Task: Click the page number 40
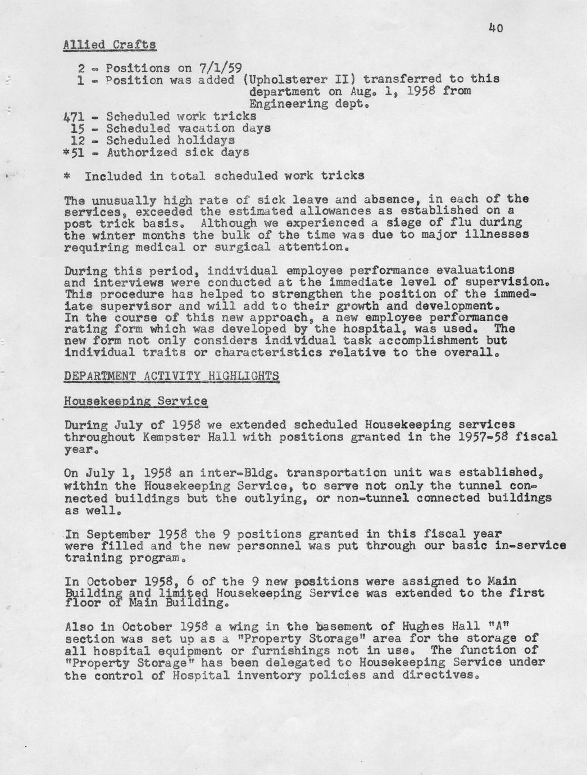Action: (x=495, y=27)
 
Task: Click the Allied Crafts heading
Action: (x=110, y=44)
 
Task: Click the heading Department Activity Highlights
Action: (x=171, y=376)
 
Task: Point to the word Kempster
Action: (x=165, y=437)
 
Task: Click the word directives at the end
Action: (x=440, y=675)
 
